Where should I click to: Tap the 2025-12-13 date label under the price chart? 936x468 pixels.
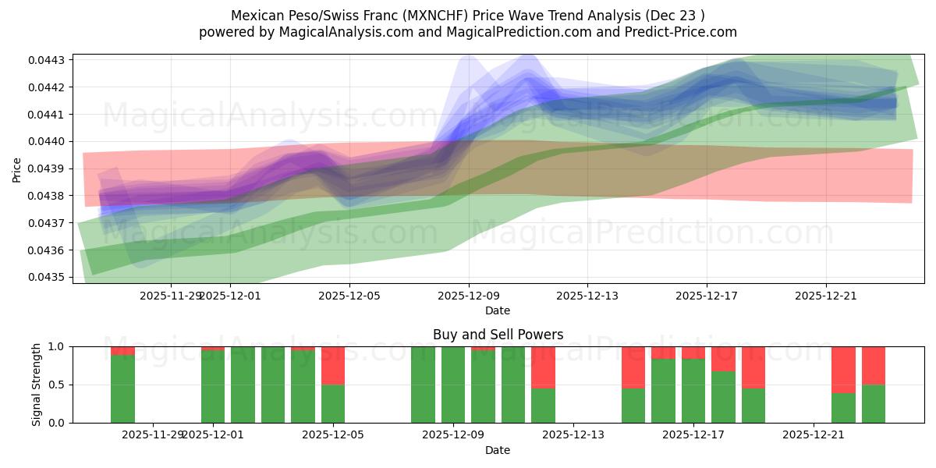(x=587, y=296)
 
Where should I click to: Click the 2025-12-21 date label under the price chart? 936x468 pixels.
(x=826, y=296)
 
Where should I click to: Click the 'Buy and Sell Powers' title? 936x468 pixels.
(x=498, y=335)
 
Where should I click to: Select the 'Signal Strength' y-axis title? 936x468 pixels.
(x=37, y=385)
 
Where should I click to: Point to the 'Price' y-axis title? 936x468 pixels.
(x=17, y=168)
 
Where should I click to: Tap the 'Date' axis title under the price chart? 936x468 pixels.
(x=498, y=310)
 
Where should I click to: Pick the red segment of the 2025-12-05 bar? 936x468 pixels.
(x=333, y=365)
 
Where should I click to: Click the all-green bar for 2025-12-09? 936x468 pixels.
(x=453, y=385)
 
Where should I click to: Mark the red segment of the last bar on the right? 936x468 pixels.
(x=873, y=365)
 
